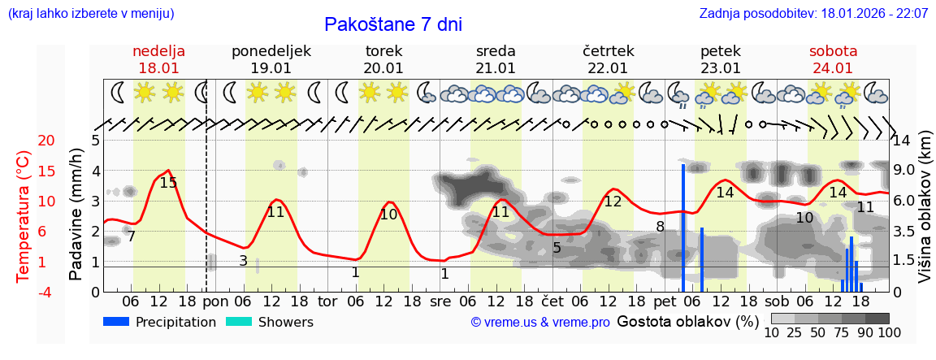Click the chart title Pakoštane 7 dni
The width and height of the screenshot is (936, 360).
[x=393, y=24]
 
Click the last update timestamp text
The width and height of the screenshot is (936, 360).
[x=813, y=14]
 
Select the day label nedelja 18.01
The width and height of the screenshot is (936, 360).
[x=159, y=59]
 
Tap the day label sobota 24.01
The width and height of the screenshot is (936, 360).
[x=833, y=59]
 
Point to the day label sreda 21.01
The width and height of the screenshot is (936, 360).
[x=496, y=59]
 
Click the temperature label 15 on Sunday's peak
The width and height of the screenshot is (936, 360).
[x=168, y=183]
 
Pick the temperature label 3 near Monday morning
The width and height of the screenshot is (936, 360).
[x=243, y=261]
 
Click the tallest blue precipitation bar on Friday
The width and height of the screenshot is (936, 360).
[x=683, y=228]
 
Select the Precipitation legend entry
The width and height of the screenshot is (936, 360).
[x=159, y=322]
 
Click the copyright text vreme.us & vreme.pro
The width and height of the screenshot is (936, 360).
[x=540, y=323]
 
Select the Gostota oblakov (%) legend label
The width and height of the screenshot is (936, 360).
[x=688, y=322]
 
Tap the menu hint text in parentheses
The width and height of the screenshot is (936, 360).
[x=91, y=14]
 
